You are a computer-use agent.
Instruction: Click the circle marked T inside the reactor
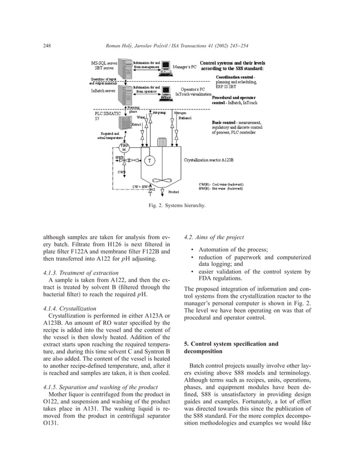[150, 160]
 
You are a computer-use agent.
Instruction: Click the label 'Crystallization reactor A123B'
[209, 160]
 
